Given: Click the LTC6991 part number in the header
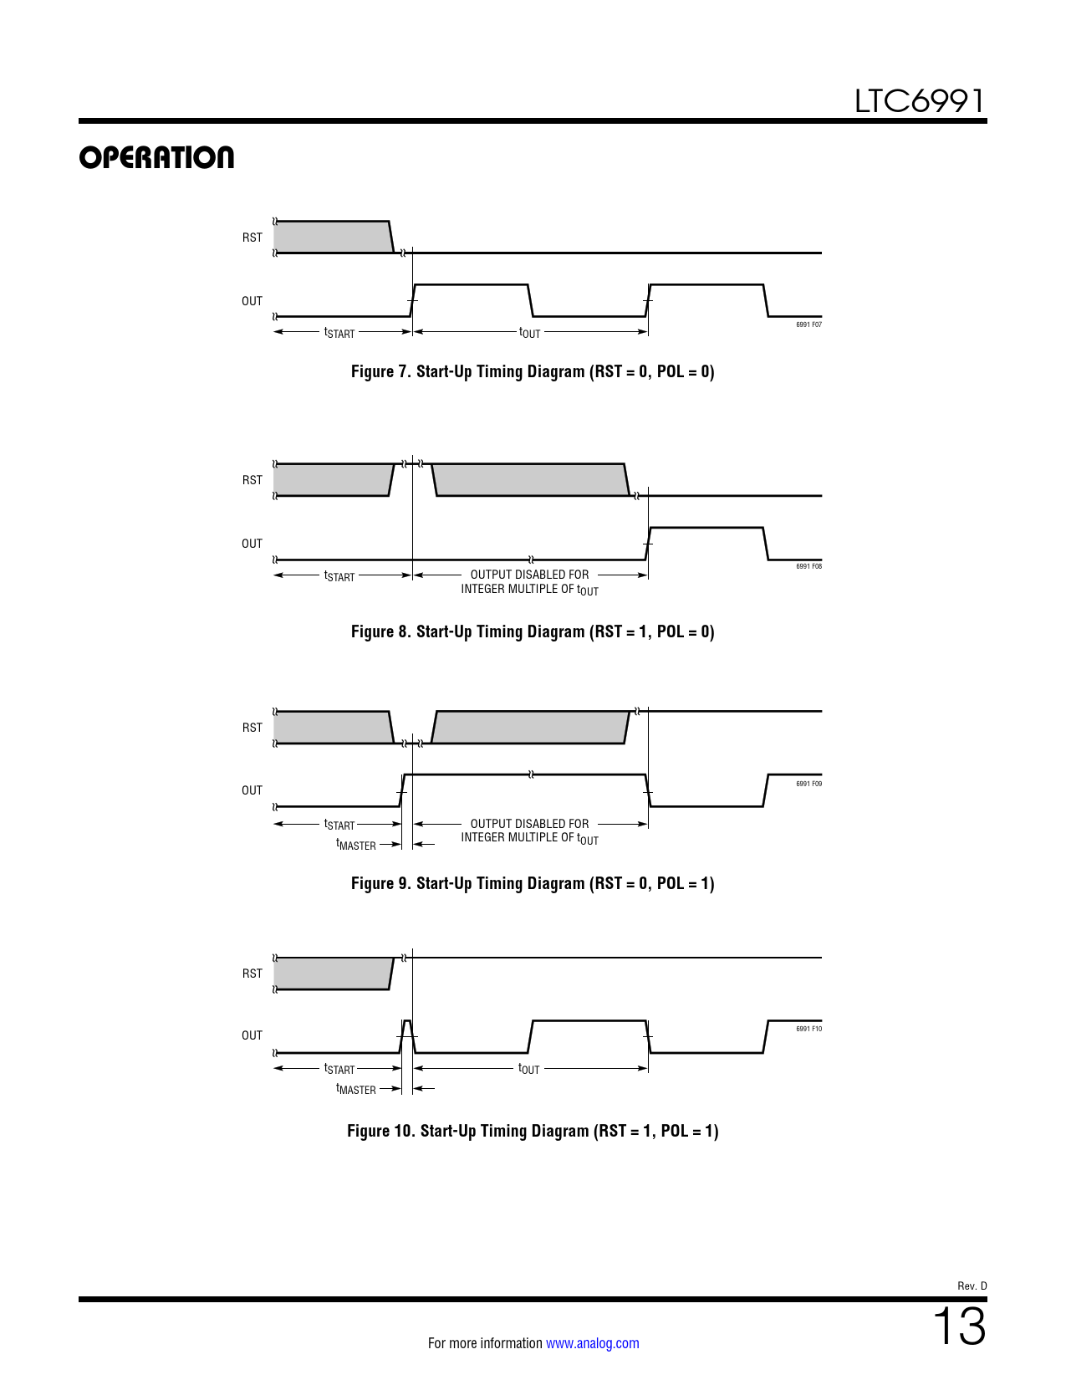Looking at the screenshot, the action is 920,101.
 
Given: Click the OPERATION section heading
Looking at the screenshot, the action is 156,157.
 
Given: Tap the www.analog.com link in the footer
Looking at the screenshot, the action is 593,1342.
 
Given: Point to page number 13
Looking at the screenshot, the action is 959,1326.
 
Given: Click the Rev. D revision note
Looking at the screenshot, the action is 972,1286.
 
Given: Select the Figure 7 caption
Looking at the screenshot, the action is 533,371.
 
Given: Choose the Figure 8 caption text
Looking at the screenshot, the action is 533,632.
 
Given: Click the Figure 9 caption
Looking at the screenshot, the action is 533,883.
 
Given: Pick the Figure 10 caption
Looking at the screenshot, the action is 533,1131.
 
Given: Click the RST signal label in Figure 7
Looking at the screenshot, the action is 252,238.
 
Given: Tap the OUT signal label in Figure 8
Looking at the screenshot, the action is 252,544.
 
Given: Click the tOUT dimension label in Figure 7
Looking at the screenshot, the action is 529,333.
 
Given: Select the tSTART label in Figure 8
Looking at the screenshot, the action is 339,576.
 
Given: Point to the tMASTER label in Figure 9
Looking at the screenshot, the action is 356,845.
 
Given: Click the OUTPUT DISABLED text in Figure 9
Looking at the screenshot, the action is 529,824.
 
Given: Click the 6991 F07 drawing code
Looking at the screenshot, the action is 808,325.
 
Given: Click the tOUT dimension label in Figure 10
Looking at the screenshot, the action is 529,1069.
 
